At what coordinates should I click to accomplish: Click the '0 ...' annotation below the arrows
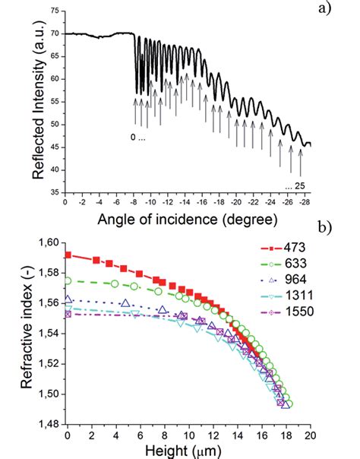pos(137,139)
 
